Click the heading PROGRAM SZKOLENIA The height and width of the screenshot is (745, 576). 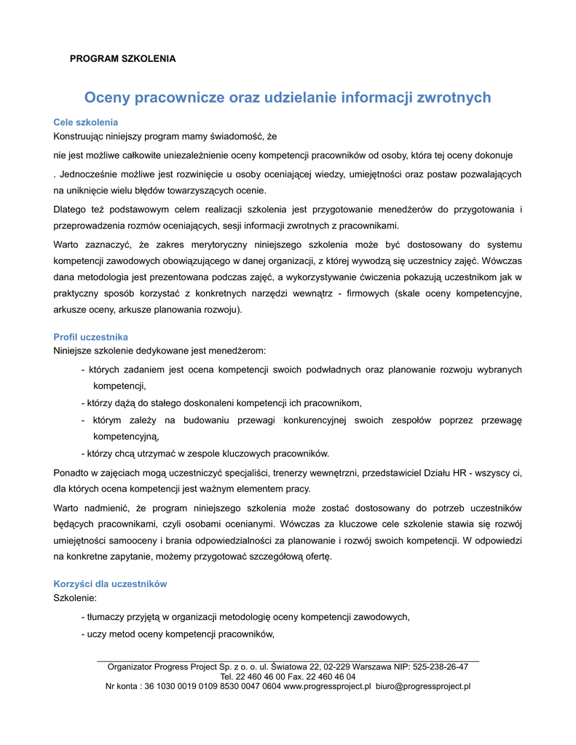(122, 58)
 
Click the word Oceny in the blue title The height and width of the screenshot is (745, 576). (107, 97)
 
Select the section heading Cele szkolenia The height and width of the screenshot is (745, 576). (86, 122)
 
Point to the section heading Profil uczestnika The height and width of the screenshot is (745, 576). (91, 337)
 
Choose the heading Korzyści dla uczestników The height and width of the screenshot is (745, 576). (111, 584)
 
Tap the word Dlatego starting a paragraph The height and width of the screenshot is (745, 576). (71, 210)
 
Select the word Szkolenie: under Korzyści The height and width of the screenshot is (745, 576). (75, 598)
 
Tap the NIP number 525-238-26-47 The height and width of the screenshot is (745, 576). (440, 666)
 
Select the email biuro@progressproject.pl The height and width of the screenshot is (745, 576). (423, 686)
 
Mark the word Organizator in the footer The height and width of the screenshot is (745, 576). (131, 666)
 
